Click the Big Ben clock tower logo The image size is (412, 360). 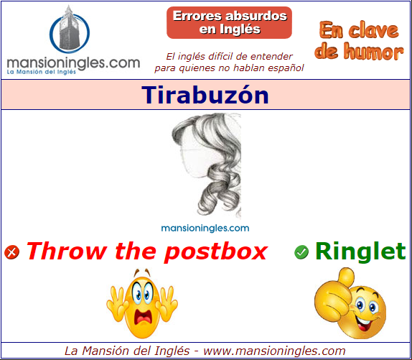point(70,29)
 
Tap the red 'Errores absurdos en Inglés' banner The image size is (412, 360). point(229,22)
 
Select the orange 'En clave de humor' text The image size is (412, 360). point(359,41)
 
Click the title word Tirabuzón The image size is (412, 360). point(205,95)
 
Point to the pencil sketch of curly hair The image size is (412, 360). point(207,165)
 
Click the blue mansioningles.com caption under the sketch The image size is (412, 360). point(205,228)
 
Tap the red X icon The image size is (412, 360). point(11,252)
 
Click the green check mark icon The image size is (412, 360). point(301,252)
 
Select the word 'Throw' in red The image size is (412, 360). point(67,251)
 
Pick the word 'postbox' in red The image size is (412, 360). point(216,252)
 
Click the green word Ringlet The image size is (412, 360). point(360,251)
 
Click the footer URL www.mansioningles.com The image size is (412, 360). point(274,351)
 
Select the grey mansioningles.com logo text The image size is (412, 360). point(73,63)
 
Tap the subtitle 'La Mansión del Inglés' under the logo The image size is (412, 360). point(41,72)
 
